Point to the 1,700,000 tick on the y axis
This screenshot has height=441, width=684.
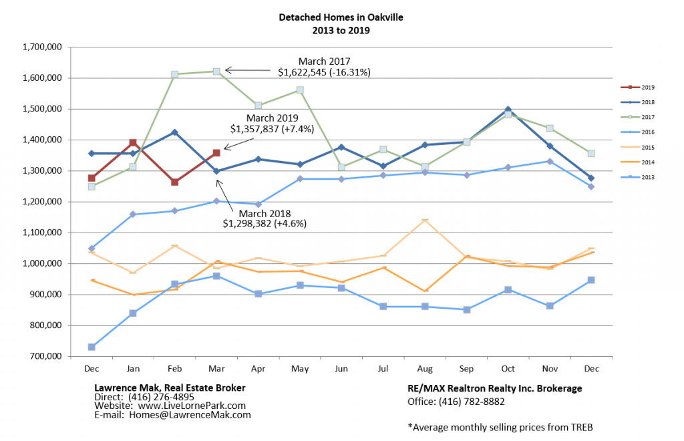(43, 47)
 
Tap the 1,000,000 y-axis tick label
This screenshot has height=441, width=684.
(43, 264)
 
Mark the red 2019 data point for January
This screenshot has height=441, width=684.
(133, 142)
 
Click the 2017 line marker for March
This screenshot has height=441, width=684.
(216, 71)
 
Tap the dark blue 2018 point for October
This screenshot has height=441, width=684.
(508, 110)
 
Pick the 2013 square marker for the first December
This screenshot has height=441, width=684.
(92, 347)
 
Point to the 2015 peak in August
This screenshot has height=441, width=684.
(425, 220)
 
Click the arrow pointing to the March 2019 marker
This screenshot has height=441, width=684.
(234, 143)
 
